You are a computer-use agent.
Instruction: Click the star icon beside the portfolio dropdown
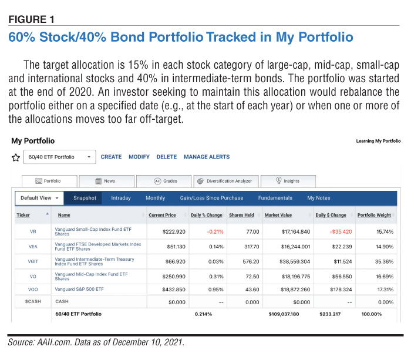pyautogui.click(x=16, y=157)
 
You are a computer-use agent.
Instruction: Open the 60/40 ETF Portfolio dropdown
pyautogui.click(x=59, y=157)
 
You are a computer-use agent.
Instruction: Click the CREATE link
pyautogui.click(x=111, y=157)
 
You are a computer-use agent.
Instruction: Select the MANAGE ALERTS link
pyautogui.click(x=207, y=157)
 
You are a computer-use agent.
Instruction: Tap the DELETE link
pyautogui.click(x=167, y=157)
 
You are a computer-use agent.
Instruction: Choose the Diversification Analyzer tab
pyautogui.click(x=226, y=181)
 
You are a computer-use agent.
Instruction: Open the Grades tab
pyautogui.click(x=164, y=181)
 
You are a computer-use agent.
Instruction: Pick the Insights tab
pyautogui.click(x=288, y=181)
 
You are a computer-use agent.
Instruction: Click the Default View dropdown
pyautogui.click(x=39, y=198)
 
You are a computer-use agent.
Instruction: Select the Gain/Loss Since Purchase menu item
pyautogui.click(x=211, y=198)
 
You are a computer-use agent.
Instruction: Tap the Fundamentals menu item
pyautogui.click(x=275, y=198)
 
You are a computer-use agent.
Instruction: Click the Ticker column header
pyautogui.click(x=23, y=215)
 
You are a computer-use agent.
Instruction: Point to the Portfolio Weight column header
pyautogui.click(x=374, y=215)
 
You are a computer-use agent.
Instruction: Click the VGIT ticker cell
pyautogui.click(x=33, y=261)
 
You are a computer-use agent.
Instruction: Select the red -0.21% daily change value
pyautogui.click(x=215, y=232)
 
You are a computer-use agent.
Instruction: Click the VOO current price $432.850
pyautogui.click(x=174, y=290)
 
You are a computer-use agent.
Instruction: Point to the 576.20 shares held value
pyautogui.click(x=251, y=261)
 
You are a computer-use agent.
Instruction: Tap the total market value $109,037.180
pyautogui.click(x=284, y=314)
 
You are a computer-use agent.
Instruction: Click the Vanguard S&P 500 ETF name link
pyautogui.click(x=79, y=289)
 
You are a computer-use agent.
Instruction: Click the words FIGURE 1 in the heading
pyautogui.click(x=32, y=19)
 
